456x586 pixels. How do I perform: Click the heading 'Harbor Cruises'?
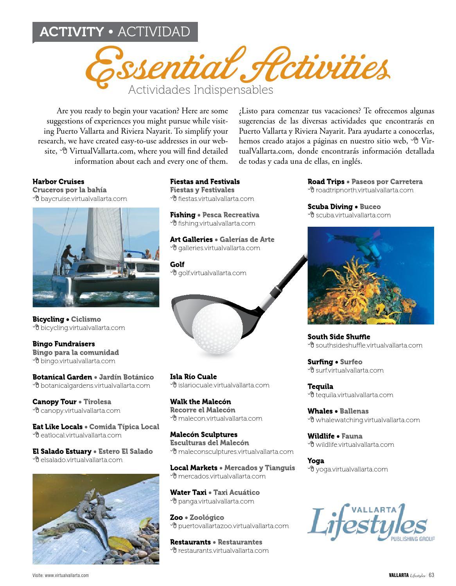coord(58,182)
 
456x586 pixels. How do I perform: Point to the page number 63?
coord(431,575)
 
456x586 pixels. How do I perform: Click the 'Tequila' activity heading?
coord(320,387)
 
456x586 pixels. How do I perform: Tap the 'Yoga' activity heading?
coord(316,461)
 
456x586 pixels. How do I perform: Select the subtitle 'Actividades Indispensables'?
coord(201,90)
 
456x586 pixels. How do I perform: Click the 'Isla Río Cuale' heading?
coord(193,377)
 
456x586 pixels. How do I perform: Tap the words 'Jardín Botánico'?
coord(126,377)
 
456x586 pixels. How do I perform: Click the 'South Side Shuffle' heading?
coord(339,337)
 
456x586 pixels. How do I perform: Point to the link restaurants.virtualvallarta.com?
coord(223,550)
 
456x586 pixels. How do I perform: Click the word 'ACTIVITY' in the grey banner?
coord(72,32)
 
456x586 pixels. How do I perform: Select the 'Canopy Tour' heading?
coord(54,402)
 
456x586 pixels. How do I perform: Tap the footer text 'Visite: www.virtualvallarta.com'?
coord(61,575)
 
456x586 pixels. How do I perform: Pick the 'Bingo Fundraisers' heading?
coord(64,344)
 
